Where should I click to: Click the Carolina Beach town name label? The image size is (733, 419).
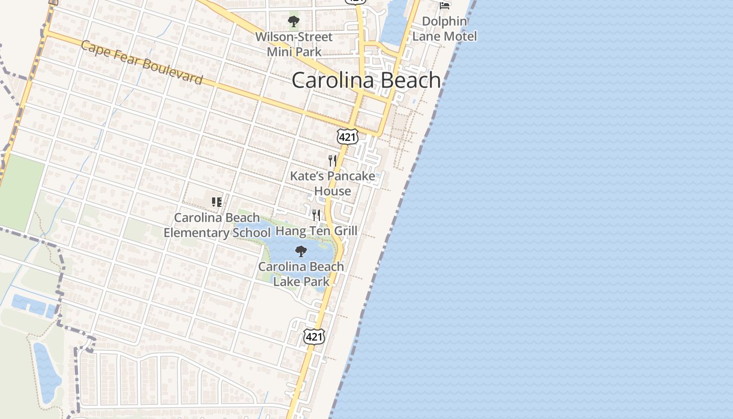pyautogui.click(x=366, y=80)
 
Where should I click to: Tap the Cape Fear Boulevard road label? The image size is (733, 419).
pyautogui.click(x=141, y=62)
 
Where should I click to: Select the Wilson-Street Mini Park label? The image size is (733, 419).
pyautogui.click(x=294, y=45)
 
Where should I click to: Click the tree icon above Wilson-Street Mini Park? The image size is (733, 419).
pyautogui.click(x=294, y=21)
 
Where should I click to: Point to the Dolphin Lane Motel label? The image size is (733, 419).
pyautogui.click(x=445, y=29)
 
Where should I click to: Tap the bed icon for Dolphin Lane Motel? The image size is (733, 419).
pyautogui.click(x=445, y=6)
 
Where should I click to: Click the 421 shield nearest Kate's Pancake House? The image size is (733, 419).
pyautogui.click(x=347, y=137)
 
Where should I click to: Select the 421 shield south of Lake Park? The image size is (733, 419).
pyautogui.click(x=314, y=336)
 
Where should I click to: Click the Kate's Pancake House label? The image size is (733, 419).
pyautogui.click(x=332, y=183)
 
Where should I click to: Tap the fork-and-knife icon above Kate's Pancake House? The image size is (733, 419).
pyautogui.click(x=332, y=160)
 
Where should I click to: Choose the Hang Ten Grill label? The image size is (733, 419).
pyautogui.click(x=316, y=231)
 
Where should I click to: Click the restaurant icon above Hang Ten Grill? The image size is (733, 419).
pyautogui.click(x=316, y=215)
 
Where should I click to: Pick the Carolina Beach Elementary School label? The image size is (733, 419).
pyautogui.click(x=217, y=225)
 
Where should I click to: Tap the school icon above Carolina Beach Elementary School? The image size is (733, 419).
pyautogui.click(x=217, y=202)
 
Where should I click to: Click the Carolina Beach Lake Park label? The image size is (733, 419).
pyautogui.click(x=301, y=274)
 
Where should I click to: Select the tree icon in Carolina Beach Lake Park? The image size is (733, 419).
pyautogui.click(x=301, y=251)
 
